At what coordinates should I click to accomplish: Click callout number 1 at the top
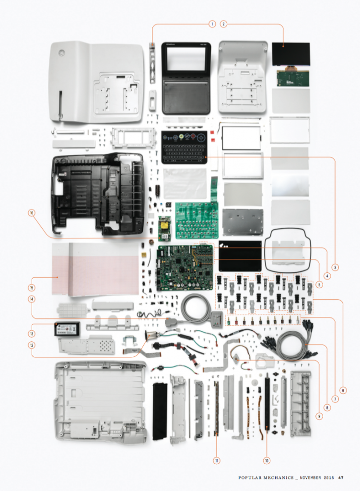(x=211, y=23)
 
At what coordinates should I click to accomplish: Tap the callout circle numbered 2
(x=223, y=23)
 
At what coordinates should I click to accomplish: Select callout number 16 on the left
(x=32, y=214)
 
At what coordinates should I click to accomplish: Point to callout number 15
(x=32, y=288)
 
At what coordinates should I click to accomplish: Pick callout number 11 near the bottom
(x=217, y=460)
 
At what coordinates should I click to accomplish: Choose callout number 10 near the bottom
(x=267, y=460)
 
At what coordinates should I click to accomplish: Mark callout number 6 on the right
(x=342, y=390)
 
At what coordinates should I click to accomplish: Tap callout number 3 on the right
(x=336, y=267)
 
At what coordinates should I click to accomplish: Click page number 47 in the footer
(x=341, y=477)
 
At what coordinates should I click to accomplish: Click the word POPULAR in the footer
(x=254, y=477)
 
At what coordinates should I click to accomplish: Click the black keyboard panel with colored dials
(x=185, y=147)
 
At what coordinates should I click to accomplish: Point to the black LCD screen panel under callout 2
(x=290, y=54)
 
